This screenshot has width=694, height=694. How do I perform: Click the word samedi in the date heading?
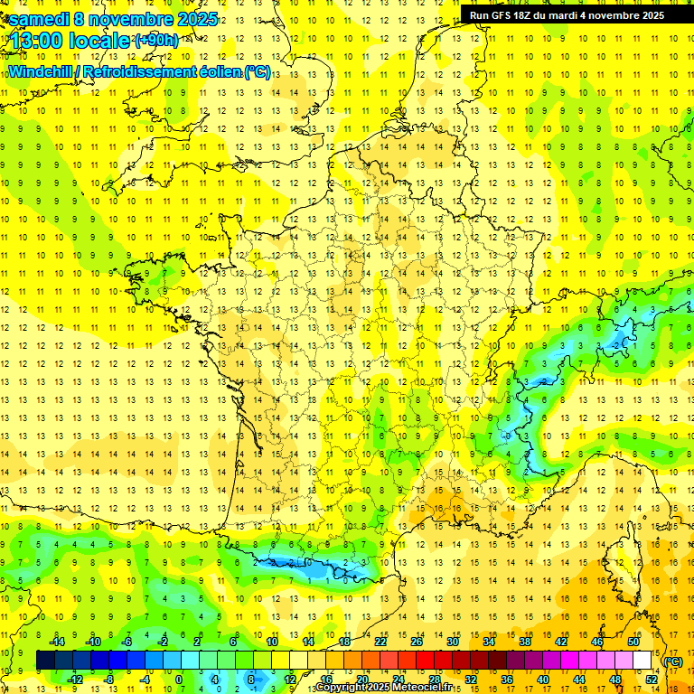[x=41, y=19]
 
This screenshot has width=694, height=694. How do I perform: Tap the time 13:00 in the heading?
[x=42, y=40]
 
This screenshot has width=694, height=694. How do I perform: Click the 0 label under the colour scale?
[x=179, y=680]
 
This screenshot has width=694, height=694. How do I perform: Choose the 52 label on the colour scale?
[x=652, y=680]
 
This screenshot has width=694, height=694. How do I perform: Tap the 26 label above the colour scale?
[x=417, y=641]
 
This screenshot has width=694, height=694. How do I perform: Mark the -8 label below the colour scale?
[x=109, y=680]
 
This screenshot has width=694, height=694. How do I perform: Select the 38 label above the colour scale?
[x=525, y=641]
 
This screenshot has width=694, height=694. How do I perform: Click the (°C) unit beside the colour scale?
[x=672, y=661]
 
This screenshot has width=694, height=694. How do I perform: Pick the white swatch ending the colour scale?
[x=642, y=661]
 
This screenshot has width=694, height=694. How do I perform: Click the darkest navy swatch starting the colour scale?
[x=45, y=661]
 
